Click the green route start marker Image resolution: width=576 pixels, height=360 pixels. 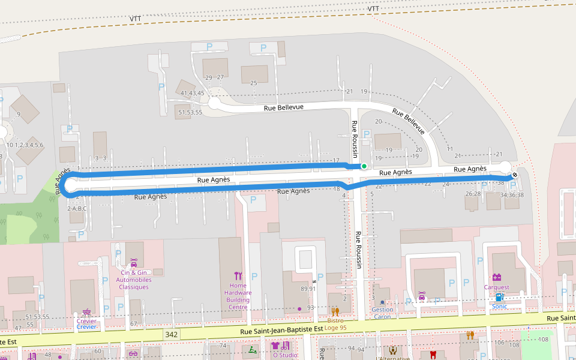point(364,166)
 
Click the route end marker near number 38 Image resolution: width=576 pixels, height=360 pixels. point(514,175)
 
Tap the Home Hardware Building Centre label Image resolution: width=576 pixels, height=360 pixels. point(238,296)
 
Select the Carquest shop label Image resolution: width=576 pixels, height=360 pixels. point(496,287)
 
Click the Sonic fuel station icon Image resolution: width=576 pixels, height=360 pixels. point(499,297)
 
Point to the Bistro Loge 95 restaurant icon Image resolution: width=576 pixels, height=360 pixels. point(335,311)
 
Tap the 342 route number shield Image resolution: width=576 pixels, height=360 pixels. point(172,334)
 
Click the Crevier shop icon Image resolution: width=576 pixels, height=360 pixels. point(87,313)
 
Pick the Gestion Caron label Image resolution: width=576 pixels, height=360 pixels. point(382,313)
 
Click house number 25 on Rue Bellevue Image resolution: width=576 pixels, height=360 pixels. point(253,83)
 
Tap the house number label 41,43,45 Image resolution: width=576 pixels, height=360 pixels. point(192,93)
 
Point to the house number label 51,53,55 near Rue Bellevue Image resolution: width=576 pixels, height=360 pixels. point(190,112)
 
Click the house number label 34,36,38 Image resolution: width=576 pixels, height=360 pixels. point(511,194)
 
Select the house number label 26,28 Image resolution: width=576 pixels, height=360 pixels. point(473,194)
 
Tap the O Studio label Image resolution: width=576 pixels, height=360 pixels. point(285,355)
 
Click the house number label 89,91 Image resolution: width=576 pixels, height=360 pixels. point(308,289)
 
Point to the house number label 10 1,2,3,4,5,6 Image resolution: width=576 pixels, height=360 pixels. point(25,145)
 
